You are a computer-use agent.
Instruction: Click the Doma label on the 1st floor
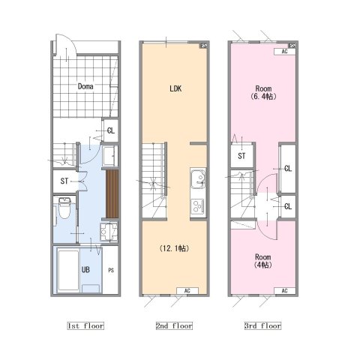coord(85,86)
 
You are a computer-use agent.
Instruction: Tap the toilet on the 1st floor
coord(64,208)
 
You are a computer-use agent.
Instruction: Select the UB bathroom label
coord(85,270)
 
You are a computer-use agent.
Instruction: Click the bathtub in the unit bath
coord(68,270)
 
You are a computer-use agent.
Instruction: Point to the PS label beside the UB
coord(111,270)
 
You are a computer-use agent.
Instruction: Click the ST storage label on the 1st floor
coord(64,181)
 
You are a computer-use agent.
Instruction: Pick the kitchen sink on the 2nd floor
coord(198,178)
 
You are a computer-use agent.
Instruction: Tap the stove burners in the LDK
coord(198,206)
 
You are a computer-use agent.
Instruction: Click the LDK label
coord(175,88)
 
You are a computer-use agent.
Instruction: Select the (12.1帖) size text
coord(174,248)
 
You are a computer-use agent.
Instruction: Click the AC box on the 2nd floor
coord(187,291)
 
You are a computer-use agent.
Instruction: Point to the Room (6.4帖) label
coord(263,92)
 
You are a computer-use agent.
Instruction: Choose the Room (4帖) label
coord(263,261)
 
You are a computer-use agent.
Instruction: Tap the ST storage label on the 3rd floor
coord(241,156)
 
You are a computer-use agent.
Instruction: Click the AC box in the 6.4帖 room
coord(285,52)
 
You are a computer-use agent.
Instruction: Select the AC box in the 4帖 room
coord(285,291)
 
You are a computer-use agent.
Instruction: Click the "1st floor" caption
coord(85,325)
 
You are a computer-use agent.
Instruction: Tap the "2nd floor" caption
coord(174,325)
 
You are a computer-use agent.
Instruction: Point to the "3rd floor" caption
coord(262,325)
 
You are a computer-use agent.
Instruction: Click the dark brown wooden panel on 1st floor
coord(112,194)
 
